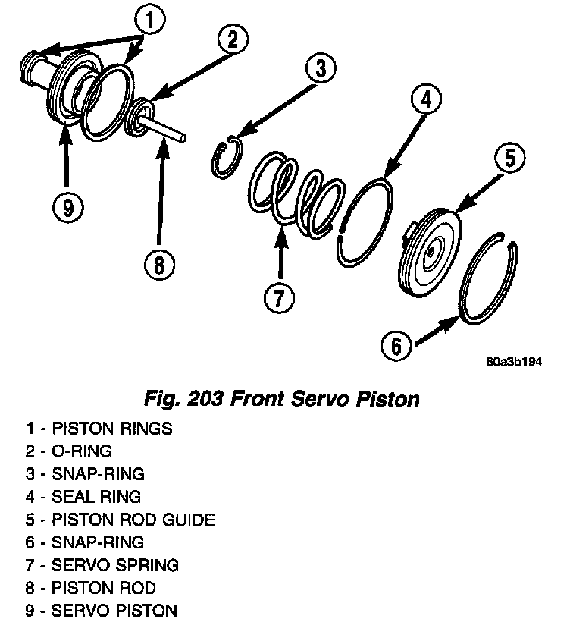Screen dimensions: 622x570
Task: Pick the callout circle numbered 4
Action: tap(427, 99)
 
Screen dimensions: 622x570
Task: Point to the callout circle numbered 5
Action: tap(509, 158)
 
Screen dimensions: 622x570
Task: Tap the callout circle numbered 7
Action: tap(279, 297)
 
